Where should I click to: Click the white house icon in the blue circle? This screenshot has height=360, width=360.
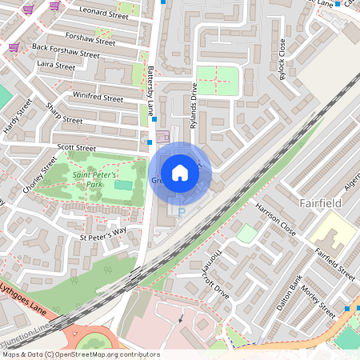coord(180,172)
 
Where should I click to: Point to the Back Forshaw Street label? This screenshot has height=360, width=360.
coord(66,51)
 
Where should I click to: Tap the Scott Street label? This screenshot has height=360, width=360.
coord(76,148)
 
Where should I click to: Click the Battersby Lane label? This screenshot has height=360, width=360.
coord(150,90)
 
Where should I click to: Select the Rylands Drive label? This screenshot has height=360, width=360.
coord(194,103)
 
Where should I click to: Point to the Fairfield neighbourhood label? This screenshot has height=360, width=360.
coord(321,203)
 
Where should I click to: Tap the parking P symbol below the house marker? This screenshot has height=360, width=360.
coord(181,213)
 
